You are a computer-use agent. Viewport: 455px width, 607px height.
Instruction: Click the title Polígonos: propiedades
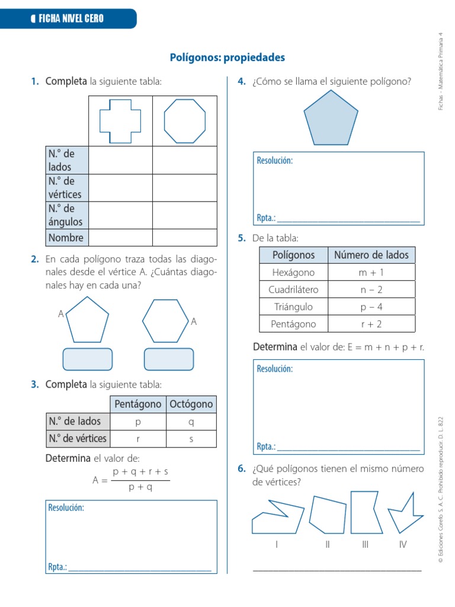point(227,57)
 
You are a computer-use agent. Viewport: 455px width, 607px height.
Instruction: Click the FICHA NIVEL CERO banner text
point(71,18)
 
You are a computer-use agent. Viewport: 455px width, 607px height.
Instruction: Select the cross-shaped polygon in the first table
point(120,120)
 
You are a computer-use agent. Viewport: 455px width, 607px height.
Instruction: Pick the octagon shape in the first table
point(185,121)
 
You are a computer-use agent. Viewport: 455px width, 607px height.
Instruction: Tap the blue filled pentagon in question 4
point(331,119)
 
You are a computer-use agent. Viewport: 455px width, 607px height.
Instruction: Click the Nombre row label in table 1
point(67,238)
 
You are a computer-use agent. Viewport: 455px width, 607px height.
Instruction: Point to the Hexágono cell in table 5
point(293,273)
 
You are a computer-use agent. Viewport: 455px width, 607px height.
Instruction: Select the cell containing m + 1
point(371,273)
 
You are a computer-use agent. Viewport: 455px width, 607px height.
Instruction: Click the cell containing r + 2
point(371,324)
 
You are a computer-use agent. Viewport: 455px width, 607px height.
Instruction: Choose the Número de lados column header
point(371,255)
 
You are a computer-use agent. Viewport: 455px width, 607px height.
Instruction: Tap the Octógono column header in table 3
point(191,404)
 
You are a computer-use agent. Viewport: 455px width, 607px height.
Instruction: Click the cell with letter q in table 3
point(191,421)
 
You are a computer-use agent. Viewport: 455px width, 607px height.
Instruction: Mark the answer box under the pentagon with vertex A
point(88,359)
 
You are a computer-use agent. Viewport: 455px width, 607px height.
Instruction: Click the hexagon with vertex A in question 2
point(165,321)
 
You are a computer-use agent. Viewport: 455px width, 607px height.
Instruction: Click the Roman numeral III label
point(366,545)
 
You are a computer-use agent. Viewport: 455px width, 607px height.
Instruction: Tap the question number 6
point(242,469)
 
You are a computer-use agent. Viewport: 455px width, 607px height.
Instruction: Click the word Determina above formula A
point(68,458)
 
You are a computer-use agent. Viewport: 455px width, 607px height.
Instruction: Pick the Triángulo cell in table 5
point(293,307)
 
